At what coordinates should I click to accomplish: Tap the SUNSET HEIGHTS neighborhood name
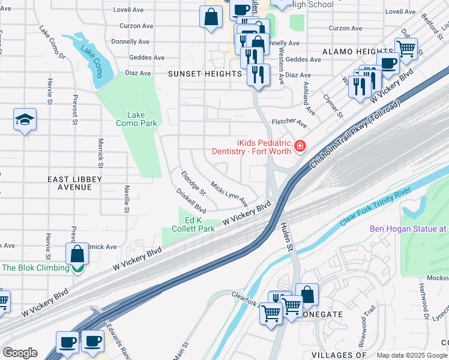204,74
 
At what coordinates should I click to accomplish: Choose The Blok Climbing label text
35,268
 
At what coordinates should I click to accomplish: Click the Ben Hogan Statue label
408,229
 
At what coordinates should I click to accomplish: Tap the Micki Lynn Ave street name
229,191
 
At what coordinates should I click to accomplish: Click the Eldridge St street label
193,183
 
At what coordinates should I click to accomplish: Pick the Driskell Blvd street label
191,202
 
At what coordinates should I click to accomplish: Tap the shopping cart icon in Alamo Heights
406,48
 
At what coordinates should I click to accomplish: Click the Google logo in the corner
20,353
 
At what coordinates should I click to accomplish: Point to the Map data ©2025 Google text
412,355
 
